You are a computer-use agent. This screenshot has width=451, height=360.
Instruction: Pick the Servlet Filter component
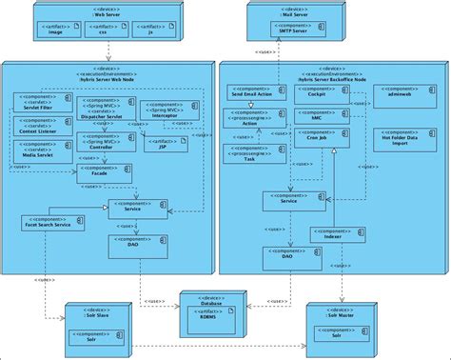tap(37, 101)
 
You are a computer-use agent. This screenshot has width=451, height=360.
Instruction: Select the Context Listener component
tap(37, 124)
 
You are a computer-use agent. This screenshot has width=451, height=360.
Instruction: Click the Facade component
tap(105, 172)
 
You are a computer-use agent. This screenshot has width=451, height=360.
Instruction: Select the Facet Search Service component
tap(47, 223)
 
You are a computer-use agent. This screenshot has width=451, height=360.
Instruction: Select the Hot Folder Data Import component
tap(402, 137)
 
